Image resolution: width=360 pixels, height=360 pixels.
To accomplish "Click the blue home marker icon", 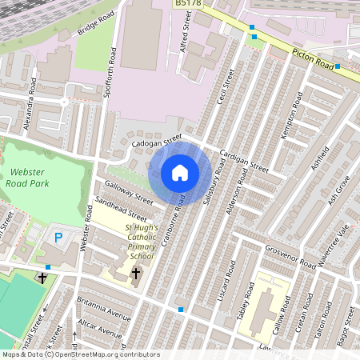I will [x=180, y=173].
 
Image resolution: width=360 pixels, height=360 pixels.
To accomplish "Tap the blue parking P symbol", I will [x=58, y=237].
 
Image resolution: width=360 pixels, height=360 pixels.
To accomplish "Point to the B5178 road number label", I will [x=190, y=4].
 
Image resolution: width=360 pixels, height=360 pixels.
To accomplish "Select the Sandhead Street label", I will [x=121, y=209].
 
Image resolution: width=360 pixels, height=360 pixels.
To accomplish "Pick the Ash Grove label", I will [x=339, y=192].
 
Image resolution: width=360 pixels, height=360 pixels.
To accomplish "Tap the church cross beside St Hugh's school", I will [x=135, y=274].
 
